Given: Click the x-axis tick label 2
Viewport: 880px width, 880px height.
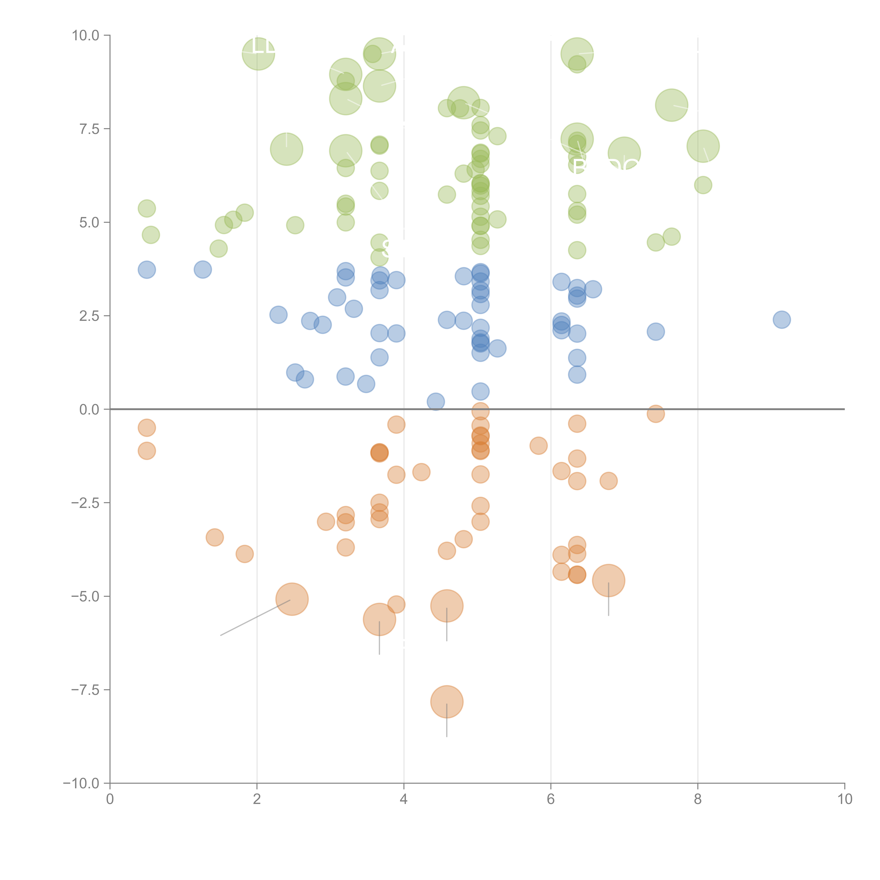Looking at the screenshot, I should [x=257, y=799].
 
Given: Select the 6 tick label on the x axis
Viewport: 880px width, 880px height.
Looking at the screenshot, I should [x=551, y=799].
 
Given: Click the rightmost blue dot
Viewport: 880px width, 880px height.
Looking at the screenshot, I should [x=782, y=320].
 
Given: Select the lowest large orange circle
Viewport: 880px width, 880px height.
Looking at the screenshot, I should [x=447, y=702].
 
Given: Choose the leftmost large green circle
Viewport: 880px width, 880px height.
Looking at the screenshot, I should [x=258, y=54].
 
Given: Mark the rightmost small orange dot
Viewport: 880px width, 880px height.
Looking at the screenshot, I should [x=655, y=414].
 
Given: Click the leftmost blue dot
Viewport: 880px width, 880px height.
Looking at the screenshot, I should [x=147, y=270].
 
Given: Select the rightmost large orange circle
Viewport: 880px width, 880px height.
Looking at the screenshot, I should [x=609, y=580].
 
